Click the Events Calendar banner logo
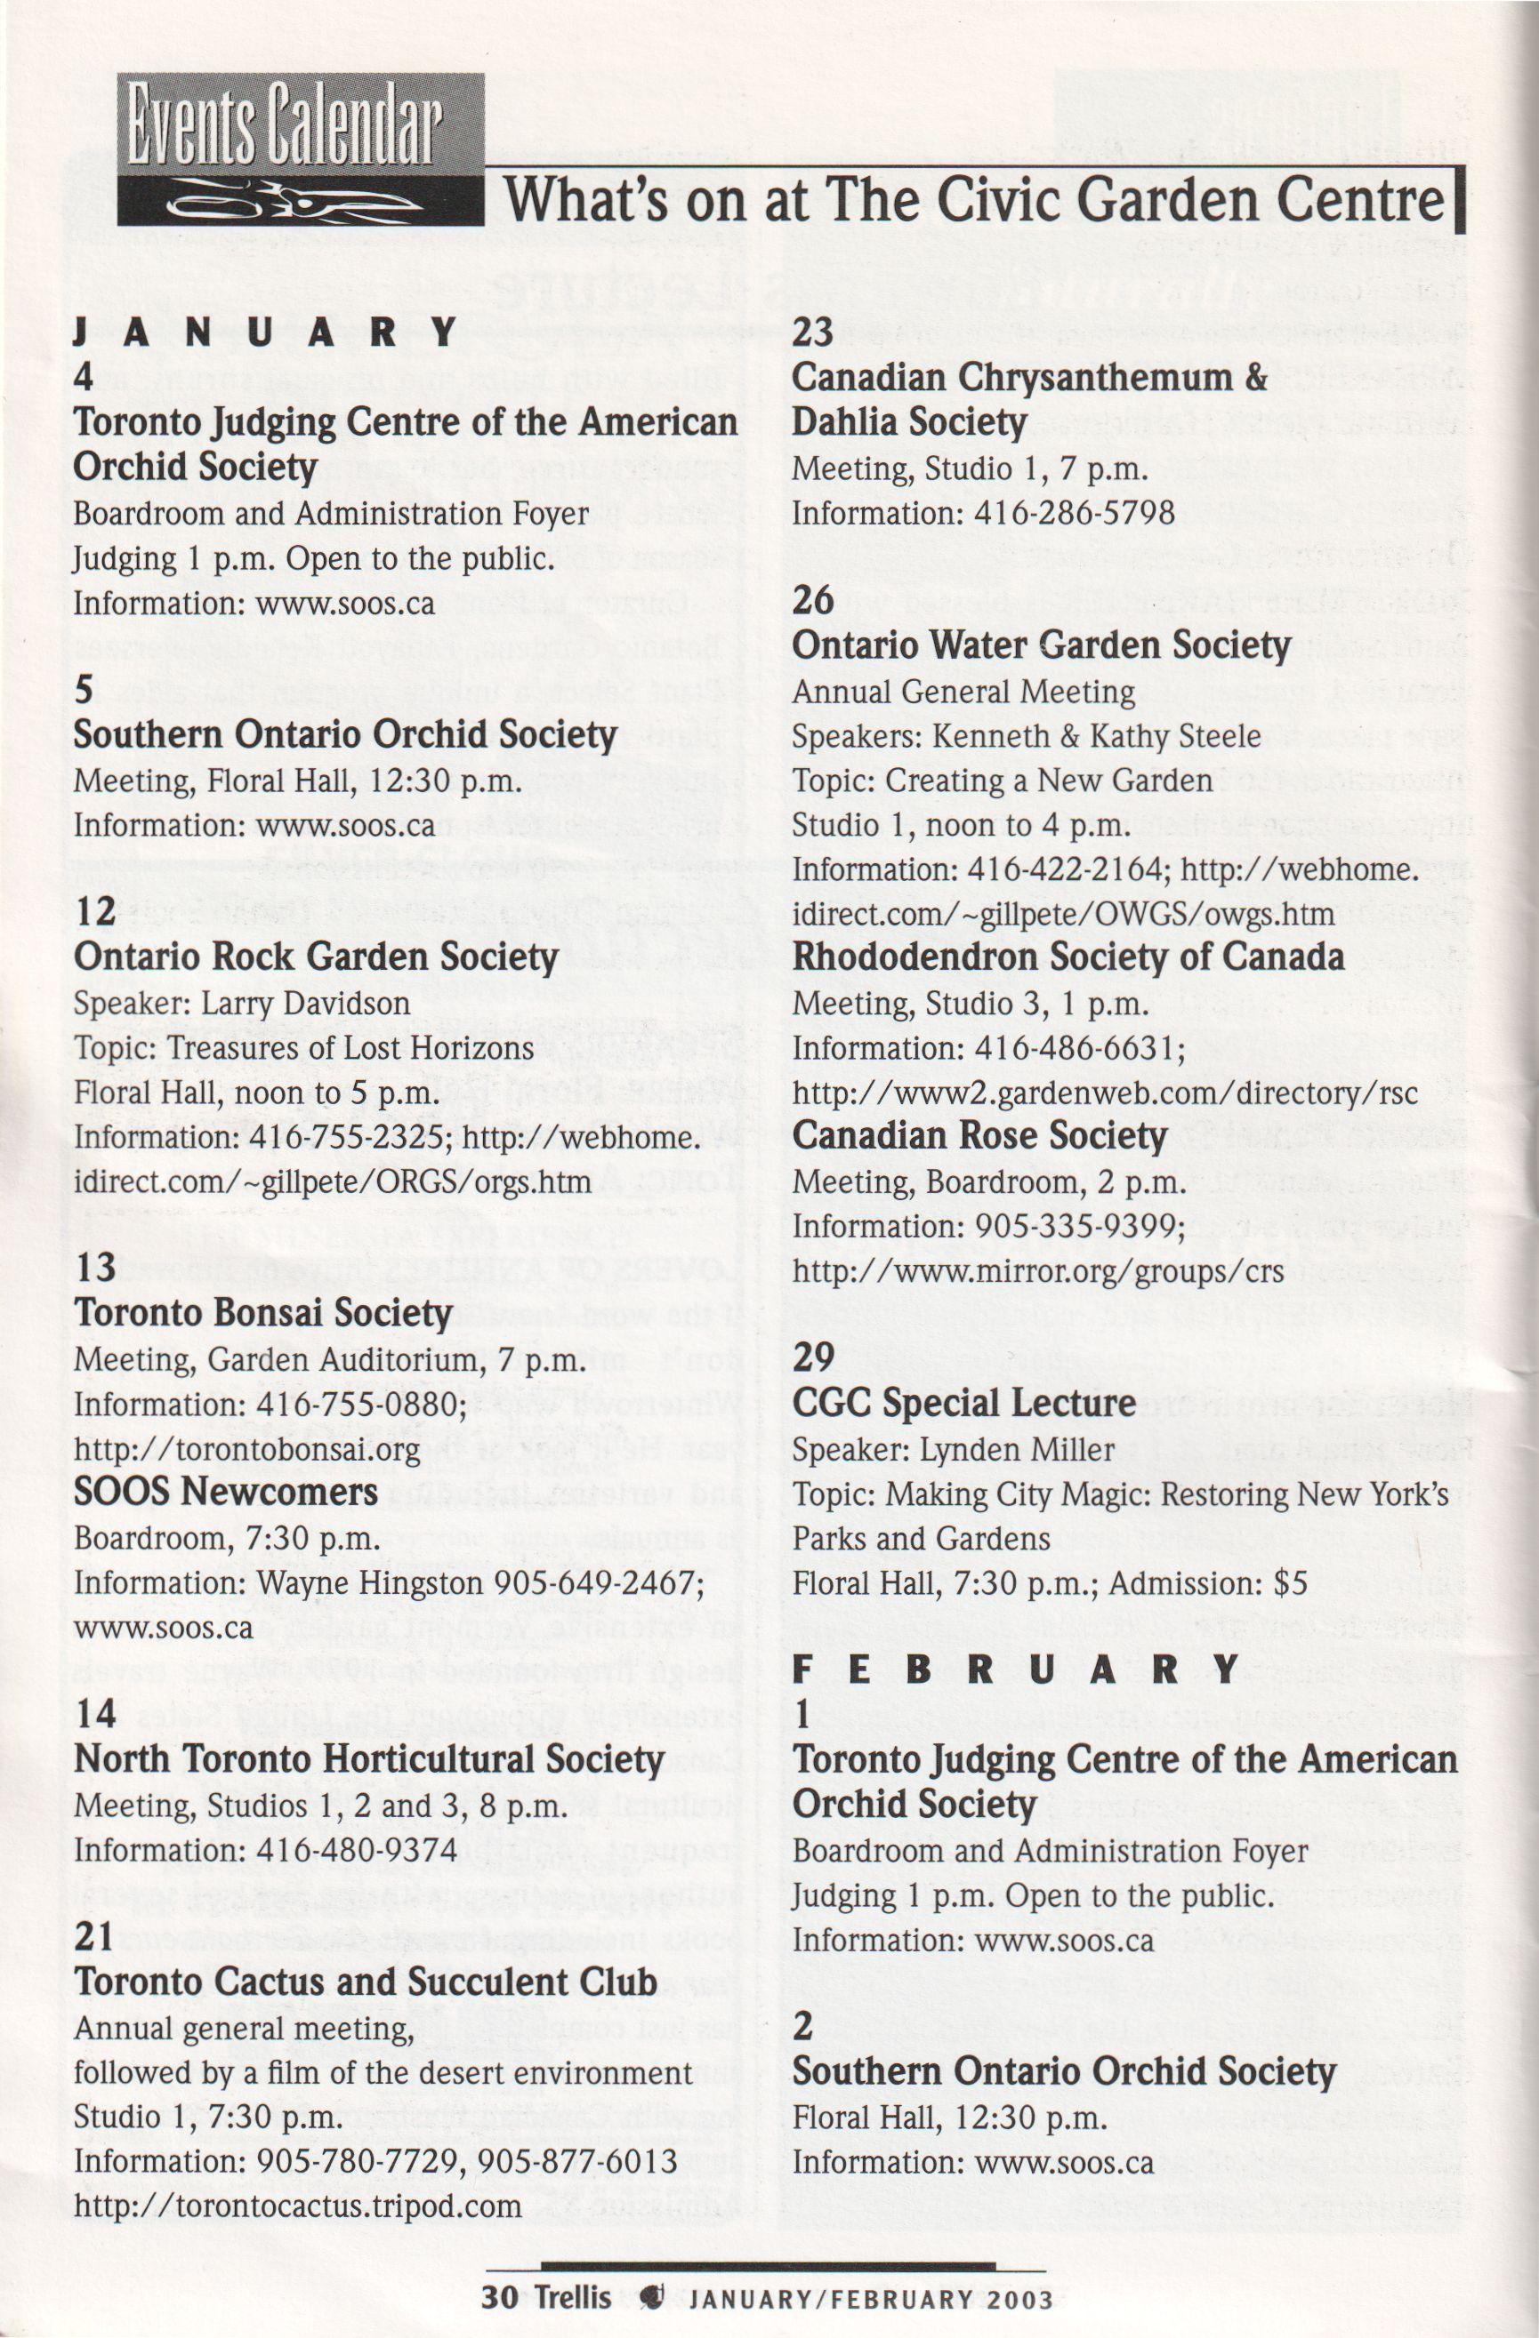pyautogui.click(x=300, y=149)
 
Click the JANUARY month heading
pyautogui.click(x=265, y=333)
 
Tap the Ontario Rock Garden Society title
pyautogui.click(x=316, y=957)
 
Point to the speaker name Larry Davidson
pyautogui.click(x=306, y=1003)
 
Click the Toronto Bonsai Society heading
pyautogui.click(x=262, y=1313)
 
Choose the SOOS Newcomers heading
pyautogui.click(x=225, y=1493)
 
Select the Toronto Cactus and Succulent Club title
pyautogui.click(x=366, y=1982)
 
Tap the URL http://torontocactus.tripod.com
pyautogui.click(x=297, y=2206)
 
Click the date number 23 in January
pyautogui.click(x=813, y=332)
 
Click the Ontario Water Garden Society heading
pyautogui.click(x=1041, y=645)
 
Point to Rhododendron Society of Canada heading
pyautogui.click(x=1068, y=957)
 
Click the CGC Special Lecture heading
pyautogui.click(x=963, y=1403)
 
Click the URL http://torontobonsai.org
pyautogui.click(x=246, y=1449)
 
